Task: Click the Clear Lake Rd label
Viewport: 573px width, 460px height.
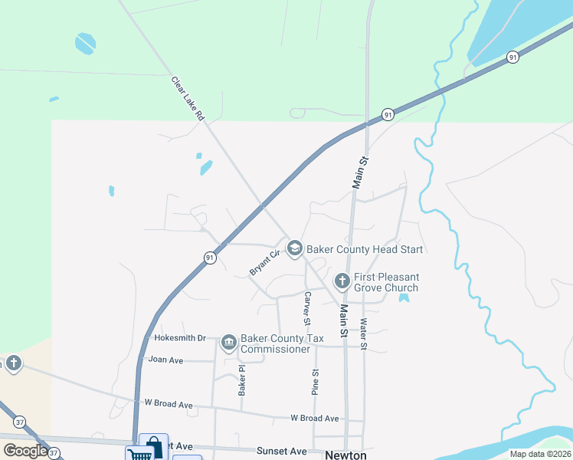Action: (188, 98)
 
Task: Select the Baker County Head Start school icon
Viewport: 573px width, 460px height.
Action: (295, 248)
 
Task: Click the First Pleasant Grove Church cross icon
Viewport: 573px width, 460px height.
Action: (342, 281)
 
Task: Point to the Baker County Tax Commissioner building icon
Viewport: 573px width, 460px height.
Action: (228, 343)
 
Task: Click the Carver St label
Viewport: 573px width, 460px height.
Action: (306, 307)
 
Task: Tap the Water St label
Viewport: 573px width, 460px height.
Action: (364, 334)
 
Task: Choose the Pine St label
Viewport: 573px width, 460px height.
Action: (315, 382)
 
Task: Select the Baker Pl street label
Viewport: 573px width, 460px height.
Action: (241, 379)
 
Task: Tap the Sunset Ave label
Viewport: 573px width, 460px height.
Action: (281, 451)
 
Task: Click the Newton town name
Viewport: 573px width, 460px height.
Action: (346, 455)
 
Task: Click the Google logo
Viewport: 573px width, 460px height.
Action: (25, 451)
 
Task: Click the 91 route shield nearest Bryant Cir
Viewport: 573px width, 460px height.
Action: (209, 258)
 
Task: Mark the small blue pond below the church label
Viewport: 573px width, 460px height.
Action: (404, 297)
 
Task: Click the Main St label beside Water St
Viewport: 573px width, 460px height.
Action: (344, 320)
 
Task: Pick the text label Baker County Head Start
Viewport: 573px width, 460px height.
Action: (365, 249)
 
